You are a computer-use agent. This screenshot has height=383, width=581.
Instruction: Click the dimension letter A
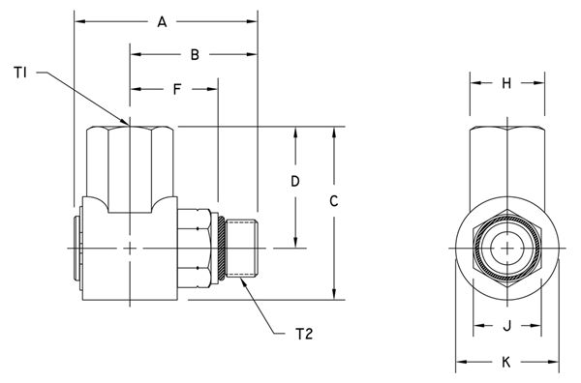point(162,22)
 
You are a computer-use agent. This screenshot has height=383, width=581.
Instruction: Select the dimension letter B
point(195,55)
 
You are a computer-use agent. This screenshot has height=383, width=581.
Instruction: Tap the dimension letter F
point(177,89)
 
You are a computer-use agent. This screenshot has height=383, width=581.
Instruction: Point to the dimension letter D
point(295,181)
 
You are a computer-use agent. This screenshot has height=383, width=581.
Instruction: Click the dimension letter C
point(334,201)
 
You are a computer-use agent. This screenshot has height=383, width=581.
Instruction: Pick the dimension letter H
point(506,83)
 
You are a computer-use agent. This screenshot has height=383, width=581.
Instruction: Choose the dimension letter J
point(507,326)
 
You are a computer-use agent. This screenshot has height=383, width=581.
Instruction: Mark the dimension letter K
point(506,362)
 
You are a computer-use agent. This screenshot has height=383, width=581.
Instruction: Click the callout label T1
point(20,73)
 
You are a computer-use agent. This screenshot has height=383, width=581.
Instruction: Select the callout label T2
point(304,334)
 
